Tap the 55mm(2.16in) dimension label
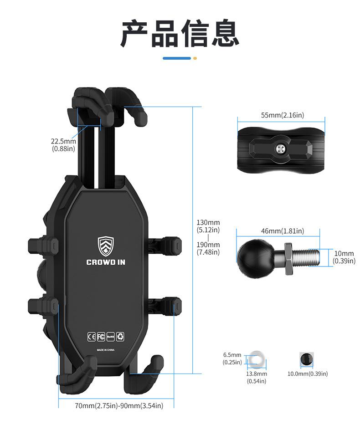tap(282, 115)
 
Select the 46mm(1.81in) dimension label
tap(282, 231)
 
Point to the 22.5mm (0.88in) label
tap(63, 145)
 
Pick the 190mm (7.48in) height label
tap(208, 248)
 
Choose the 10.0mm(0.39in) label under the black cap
tap(307, 374)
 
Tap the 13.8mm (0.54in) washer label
tap(257, 377)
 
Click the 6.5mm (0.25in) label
tap(232, 358)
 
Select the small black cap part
tap(306, 359)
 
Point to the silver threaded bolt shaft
tap(309, 257)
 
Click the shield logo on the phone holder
tap(106, 246)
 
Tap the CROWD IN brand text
tap(106, 262)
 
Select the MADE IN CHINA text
tap(106, 350)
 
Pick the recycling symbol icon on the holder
tap(120, 337)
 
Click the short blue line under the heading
tap(177, 58)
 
